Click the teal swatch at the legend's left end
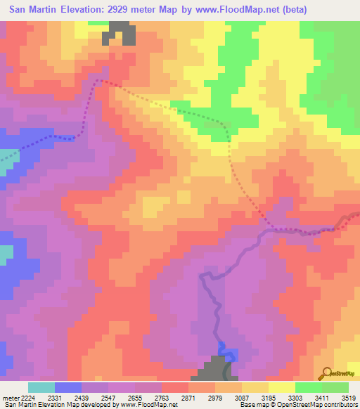(41, 387)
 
